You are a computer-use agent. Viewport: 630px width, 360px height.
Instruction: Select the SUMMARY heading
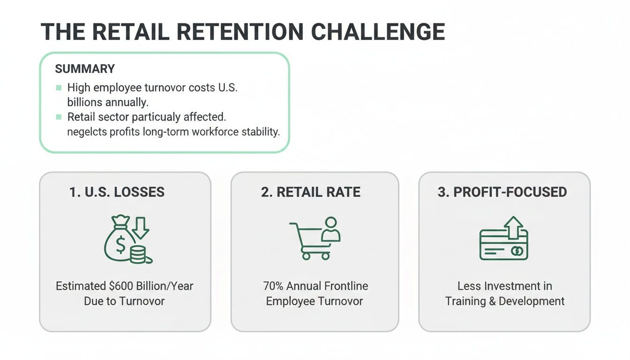[85, 69]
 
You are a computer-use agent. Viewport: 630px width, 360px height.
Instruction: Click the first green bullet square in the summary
[59, 88]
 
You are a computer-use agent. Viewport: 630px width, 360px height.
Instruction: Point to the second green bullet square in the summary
[59, 116]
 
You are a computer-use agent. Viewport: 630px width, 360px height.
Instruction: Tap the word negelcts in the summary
[87, 132]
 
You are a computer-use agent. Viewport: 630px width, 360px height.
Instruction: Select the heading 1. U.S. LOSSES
[117, 192]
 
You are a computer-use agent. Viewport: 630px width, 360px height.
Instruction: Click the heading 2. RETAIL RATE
[311, 192]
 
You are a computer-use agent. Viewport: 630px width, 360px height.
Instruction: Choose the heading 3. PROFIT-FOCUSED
[502, 192]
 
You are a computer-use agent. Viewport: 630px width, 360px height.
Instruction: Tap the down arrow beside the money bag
[140, 227]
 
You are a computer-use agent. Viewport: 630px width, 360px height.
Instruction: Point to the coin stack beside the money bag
[138, 255]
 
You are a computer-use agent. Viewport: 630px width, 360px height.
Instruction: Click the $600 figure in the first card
[123, 286]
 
